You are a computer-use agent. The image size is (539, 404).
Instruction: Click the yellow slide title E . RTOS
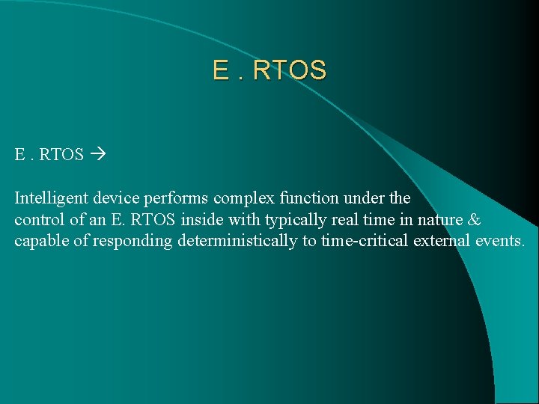(269, 70)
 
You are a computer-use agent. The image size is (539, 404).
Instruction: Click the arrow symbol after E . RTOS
(97, 155)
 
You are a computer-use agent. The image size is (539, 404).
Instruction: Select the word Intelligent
(49, 198)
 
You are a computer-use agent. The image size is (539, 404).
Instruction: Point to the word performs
(174, 198)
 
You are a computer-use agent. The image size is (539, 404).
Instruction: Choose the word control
(38, 220)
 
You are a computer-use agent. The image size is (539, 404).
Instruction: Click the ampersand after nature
(474, 220)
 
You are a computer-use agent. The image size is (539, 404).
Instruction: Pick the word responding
(132, 242)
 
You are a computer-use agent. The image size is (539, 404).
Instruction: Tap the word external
(452, 242)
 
